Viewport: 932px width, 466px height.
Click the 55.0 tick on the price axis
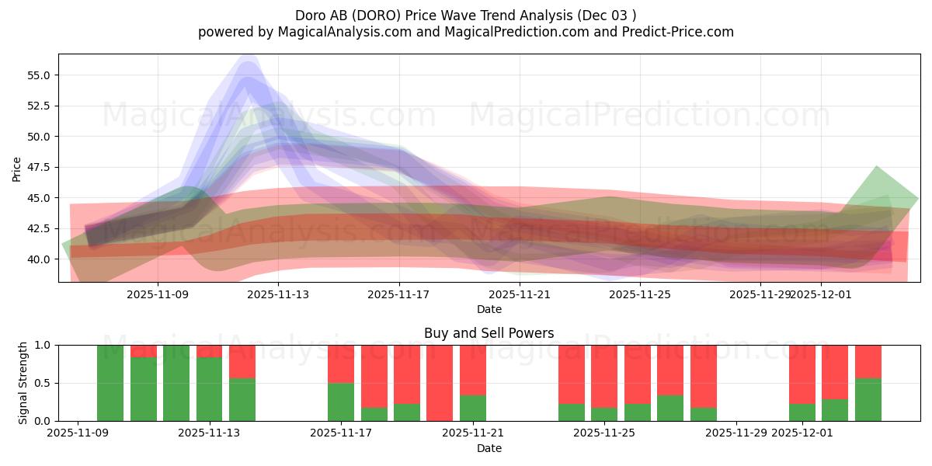pyautogui.click(x=39, y=75)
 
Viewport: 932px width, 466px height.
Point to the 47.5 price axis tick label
pyautogui.click(x=39, y=167)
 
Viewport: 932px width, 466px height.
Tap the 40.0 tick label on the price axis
pyautogui.click(x=39, y=259)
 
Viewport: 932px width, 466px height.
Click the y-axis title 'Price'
pyautogui.click(x=17, y=169)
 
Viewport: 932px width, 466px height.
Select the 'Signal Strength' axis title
pyautogui.click(x=23, y=382)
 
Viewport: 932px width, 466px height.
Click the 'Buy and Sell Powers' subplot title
pyautogui.click(x=489, y=333)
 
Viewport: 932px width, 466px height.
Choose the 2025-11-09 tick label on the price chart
pyautogui.click(x=158, y=294)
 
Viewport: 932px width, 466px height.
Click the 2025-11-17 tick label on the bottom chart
pyautogui.click(x=341, y=433)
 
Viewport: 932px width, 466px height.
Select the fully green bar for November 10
pyautogui.click(x=110, y=383)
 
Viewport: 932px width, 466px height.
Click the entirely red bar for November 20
pyautogui.click(x=440, y=383)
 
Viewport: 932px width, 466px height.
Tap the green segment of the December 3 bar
pyautogui.click(x=868, y=399)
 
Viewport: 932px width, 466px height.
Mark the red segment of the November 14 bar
pyautogui.click(x=242, y=361)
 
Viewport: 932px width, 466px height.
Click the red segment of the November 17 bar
pyautogui.click(x=341, y=363)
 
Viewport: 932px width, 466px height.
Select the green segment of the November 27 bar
pyautogui.click(x=670, y=409)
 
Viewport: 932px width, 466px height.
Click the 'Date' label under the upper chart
pyautogui.click(x=489, y=309)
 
